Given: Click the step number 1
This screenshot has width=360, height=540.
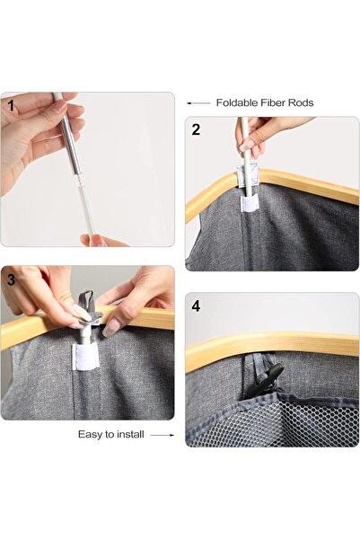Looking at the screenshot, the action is (11, 106).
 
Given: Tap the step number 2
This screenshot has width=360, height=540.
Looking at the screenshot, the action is (196, 129).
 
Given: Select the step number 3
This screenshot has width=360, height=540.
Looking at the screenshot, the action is (11, 279).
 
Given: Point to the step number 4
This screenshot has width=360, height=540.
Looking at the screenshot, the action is (196, 306).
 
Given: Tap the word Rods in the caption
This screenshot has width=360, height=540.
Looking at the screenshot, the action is (301, 102).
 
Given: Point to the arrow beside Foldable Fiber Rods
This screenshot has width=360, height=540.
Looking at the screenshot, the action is (198, 103).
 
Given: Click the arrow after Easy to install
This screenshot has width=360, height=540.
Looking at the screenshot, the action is (162, 435).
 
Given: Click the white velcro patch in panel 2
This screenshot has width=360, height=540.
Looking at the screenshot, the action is (249, 203).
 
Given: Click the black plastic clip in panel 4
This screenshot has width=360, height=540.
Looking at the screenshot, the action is (273, 379).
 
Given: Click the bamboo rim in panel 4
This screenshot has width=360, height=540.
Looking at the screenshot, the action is (272, 348).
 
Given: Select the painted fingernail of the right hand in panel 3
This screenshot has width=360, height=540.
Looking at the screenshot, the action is (108, 331).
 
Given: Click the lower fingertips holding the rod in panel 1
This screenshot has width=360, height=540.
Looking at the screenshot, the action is (93, 240).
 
